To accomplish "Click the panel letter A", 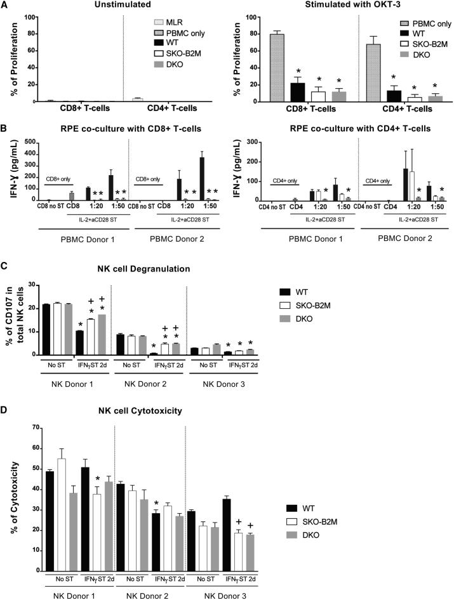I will point(5,5).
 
